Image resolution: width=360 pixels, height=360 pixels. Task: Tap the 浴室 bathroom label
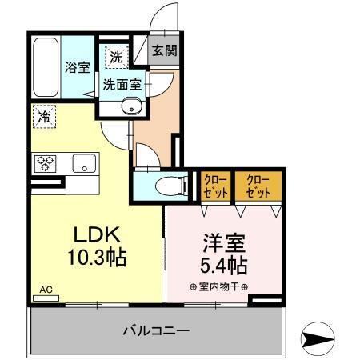click(78, 67)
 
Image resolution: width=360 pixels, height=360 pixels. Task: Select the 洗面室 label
click(119, 82)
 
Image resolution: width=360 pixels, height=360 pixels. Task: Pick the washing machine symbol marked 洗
click(116, 57)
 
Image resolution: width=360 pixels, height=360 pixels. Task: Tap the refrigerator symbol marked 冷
click(44, 117)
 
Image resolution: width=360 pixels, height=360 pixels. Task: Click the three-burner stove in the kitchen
click(46, 164)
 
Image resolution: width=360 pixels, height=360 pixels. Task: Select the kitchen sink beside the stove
click(83, 164)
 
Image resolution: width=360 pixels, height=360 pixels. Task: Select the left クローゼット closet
click(214, 185)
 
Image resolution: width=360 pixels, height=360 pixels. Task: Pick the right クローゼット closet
click(258, 185)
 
